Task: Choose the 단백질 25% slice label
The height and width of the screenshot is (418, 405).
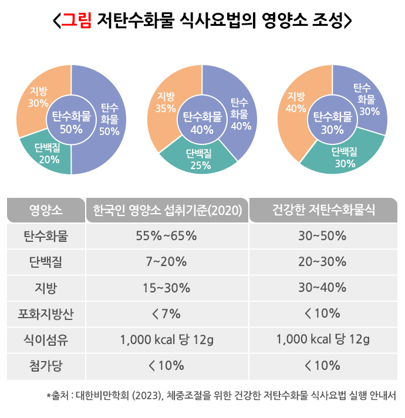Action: [199, 159]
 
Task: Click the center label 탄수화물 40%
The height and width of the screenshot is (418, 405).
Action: [202, 122]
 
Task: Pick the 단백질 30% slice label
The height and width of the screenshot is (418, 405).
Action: [345, 158]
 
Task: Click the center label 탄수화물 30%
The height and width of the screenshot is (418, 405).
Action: [332, 122]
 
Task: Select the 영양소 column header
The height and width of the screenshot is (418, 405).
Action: [46, 210]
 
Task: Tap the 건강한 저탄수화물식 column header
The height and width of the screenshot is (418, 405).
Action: [323, 210]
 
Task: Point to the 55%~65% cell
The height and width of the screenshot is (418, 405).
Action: [166, 237]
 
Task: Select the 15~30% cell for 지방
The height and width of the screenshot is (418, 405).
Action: [167, 288]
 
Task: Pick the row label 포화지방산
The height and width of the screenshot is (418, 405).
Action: [46, 313]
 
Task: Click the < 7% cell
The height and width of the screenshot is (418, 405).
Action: [166, 313]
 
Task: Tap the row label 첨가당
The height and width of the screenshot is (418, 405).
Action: [46, 365]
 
